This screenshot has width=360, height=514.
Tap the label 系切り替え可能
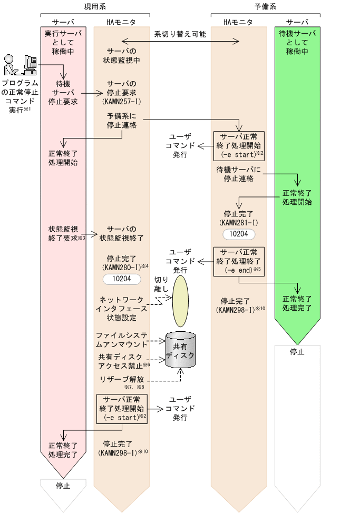tap(180, 34)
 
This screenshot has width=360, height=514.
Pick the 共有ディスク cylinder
tap(180, 352)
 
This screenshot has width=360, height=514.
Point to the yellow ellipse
tap(180, 300)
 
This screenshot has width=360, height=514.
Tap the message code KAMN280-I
tap(121, 268)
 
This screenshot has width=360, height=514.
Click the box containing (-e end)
tap(239, 262)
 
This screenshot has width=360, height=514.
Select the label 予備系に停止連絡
tap(122, 120)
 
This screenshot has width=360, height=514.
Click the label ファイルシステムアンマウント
tap(121, 340)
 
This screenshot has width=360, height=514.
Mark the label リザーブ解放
tap(121, 380)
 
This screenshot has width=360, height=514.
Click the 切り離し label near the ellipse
tap(161, 284)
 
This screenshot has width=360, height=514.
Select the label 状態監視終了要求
tap(64, 233)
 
